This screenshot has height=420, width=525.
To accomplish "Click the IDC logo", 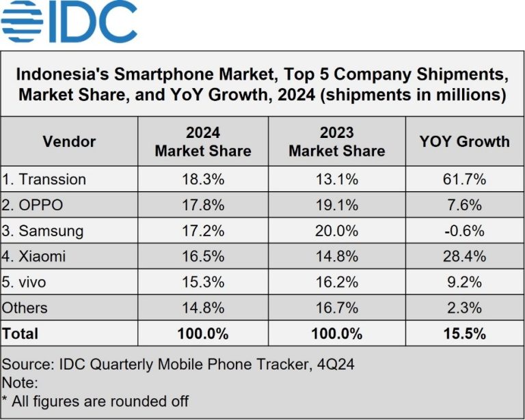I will coord(69,23).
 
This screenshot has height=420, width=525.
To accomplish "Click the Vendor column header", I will coord(69,141).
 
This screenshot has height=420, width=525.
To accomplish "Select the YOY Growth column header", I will coord(464,141).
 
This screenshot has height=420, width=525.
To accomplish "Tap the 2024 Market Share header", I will coord(203,141).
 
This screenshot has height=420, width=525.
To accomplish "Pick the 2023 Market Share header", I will coord(336,141).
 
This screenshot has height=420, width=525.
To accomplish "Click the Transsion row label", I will coord(44,180).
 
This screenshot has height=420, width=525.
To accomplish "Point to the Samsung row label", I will coord(42,231).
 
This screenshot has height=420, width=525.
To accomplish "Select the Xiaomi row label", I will coord(35,257).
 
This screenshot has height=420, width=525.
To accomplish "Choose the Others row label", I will coord(25,308).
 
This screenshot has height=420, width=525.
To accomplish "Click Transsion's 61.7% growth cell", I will coord(464,180).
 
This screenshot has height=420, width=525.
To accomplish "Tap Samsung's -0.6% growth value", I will coord(464,231).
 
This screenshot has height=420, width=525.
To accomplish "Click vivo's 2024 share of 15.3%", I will coord(203,282).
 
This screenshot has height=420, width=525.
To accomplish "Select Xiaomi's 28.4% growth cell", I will coord(464,257).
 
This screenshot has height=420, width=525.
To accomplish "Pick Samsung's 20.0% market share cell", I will coord(336,231).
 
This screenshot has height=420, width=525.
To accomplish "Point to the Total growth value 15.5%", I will coord(464,334).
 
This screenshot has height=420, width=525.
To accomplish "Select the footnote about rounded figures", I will coord(96,401).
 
